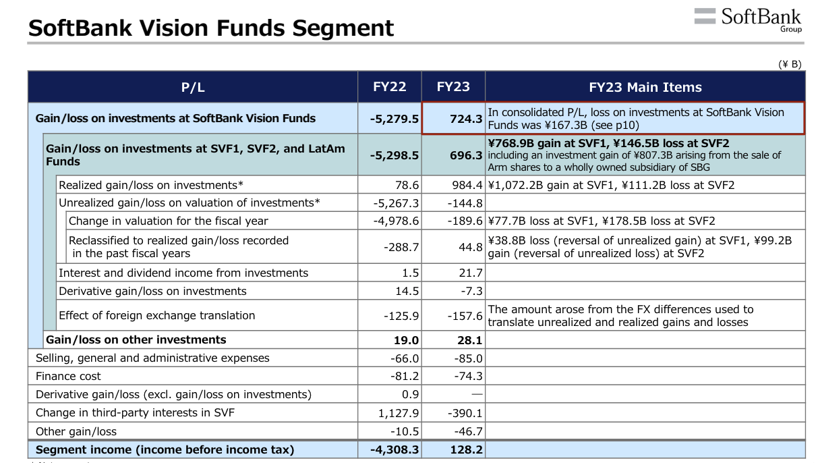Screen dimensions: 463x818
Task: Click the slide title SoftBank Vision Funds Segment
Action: pos(211,28)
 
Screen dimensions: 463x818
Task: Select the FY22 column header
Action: pos(390,87)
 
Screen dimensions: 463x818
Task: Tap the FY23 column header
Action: pos(453,87)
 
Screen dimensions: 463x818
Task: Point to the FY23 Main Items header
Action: pos(645,87)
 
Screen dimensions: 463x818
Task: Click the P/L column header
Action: pos(193,87)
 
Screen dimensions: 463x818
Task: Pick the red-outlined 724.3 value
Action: pos(466,119)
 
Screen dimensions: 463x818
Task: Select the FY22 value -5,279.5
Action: pos(395,119)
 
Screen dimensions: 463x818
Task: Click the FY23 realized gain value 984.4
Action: pos(468,185)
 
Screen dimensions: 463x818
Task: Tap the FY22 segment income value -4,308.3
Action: pos(395,450)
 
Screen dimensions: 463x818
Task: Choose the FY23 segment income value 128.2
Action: pos(467,450)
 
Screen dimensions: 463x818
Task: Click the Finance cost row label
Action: pos(68,377)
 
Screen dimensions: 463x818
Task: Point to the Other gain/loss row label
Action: pos(76,431)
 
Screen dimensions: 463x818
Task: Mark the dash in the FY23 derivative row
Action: pos(477,395)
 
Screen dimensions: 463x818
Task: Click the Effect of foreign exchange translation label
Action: pos(156,315)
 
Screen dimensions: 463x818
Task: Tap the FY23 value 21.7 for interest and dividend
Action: pos(471,273)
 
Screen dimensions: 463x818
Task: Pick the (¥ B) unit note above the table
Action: pos(790,64)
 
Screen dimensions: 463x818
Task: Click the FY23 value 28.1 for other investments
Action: pos(471,339)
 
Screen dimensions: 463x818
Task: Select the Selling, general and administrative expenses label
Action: pos(152,358)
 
